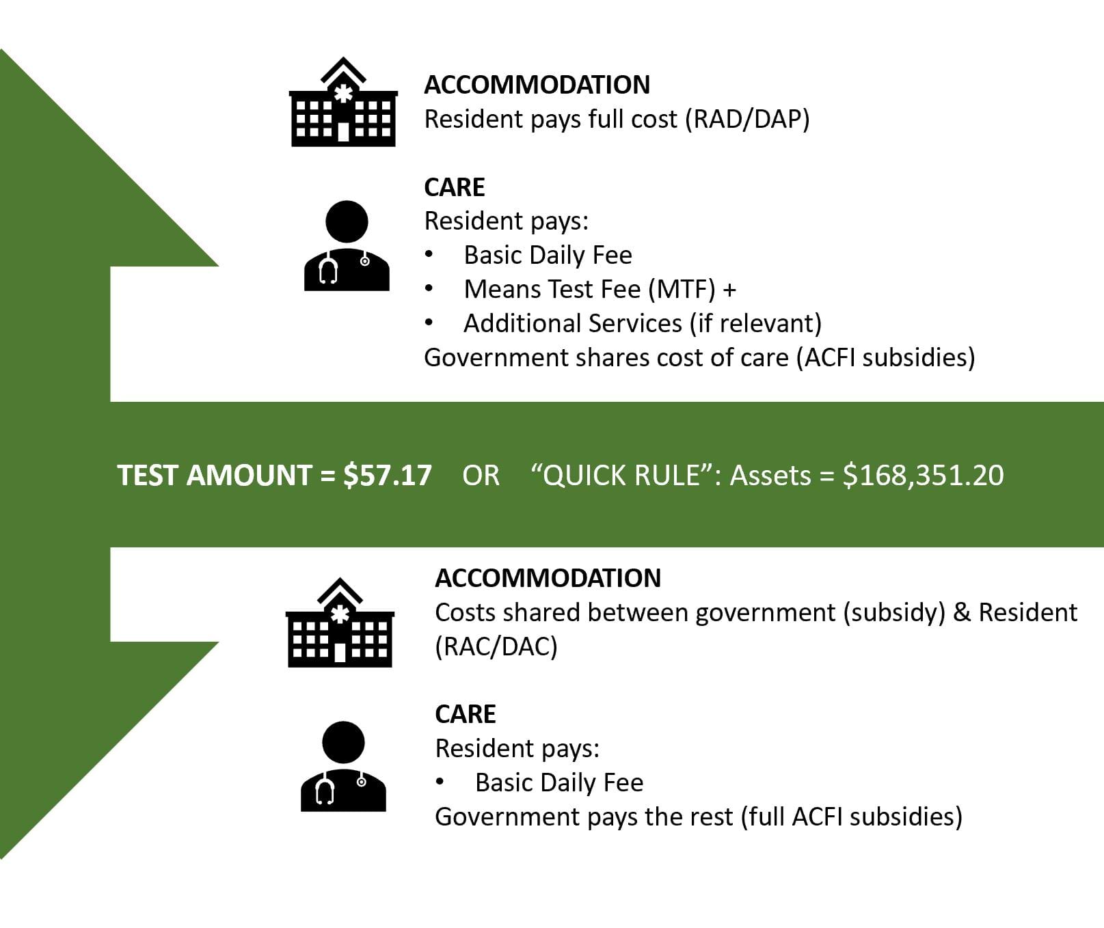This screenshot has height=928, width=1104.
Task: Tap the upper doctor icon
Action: [x=347, y=245]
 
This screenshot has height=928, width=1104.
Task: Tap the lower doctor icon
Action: [x=343, y=766]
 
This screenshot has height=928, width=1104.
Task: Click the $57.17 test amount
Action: [x=388, y=476]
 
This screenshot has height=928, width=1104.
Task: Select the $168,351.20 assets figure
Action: [x=924, y=476]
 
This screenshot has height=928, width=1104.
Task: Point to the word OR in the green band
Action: [x=481, y=476]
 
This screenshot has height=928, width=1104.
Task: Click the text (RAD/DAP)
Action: [x=751, y=119]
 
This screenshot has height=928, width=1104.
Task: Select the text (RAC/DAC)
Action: [x=496, y=646]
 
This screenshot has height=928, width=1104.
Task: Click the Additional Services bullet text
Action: [x=643, y=323]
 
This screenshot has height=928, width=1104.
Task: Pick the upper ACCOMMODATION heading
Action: [x=537, y=85]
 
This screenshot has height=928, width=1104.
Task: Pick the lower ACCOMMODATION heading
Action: [x=548, y=578]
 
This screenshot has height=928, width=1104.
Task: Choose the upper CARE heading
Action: [x=455, y=187]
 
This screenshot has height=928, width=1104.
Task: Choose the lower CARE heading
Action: [x=466, y=714]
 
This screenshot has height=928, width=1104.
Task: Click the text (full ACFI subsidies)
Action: [x=851, y=817]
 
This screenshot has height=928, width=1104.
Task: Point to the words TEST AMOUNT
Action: [x=215, y=476]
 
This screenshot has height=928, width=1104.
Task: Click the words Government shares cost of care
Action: [x=606, y=357]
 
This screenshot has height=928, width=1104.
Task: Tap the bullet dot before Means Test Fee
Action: [x=429, y=289]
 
